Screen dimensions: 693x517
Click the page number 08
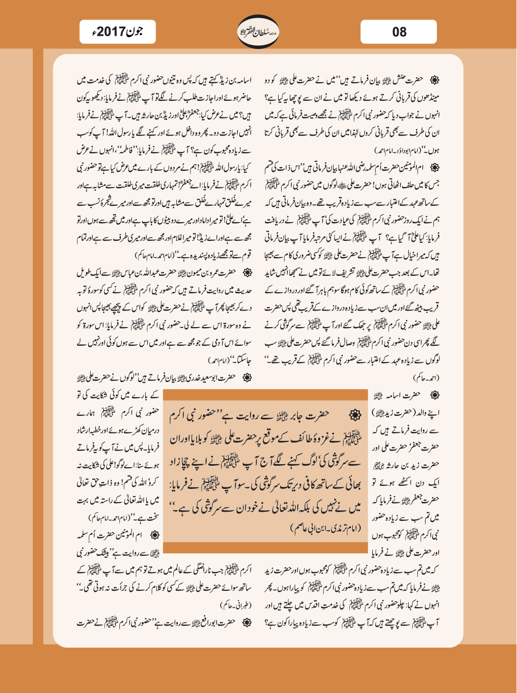(x=399, y=32)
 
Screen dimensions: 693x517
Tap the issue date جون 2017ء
(x=117, y=32)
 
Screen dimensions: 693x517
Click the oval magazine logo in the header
(x=258, y=32)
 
